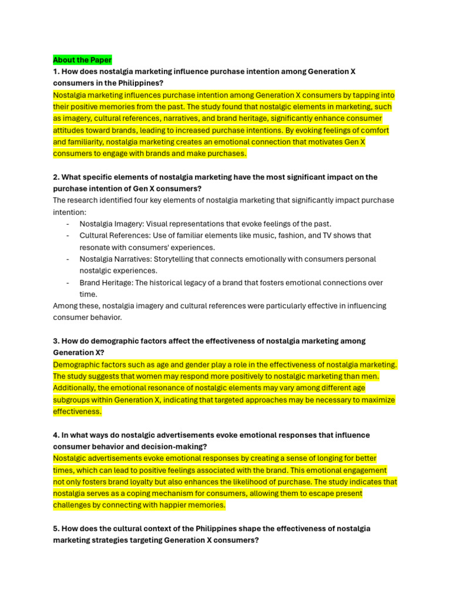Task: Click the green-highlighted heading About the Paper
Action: [82, 60]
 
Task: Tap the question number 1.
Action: [56, 72]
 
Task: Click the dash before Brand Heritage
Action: [68, 283]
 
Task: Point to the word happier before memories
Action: [172, 505]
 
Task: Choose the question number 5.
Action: [56, 529]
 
